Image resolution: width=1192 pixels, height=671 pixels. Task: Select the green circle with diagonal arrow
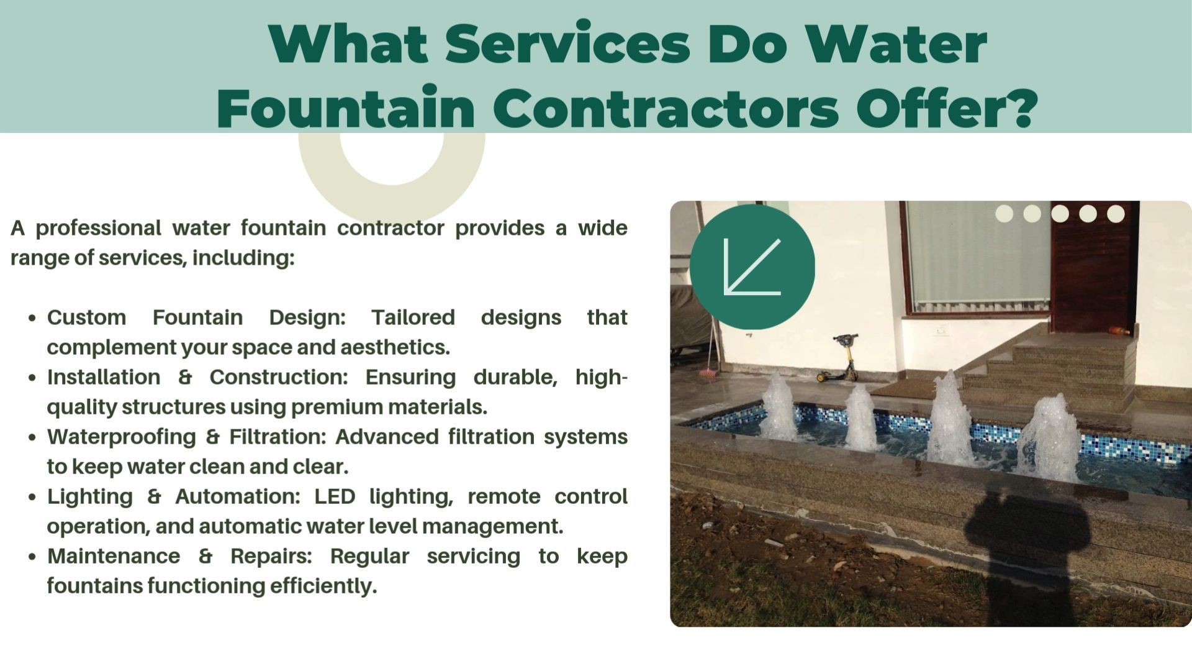point(752,267)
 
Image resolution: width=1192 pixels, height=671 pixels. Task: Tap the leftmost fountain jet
point(779,406)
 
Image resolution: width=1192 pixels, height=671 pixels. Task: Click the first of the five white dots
point(1004,214)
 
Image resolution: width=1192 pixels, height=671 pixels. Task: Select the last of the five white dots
point(1116,214)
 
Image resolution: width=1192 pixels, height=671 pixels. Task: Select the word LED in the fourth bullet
point(335,496)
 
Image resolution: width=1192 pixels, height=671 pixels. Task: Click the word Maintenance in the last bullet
point(114,556)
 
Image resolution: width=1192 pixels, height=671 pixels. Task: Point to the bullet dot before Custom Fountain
point(32,318)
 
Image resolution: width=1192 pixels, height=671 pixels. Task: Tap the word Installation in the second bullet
point(104,377)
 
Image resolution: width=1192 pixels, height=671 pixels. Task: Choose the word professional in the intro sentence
point(98,229)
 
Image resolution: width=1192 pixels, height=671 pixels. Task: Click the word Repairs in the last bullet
point(271,557)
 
